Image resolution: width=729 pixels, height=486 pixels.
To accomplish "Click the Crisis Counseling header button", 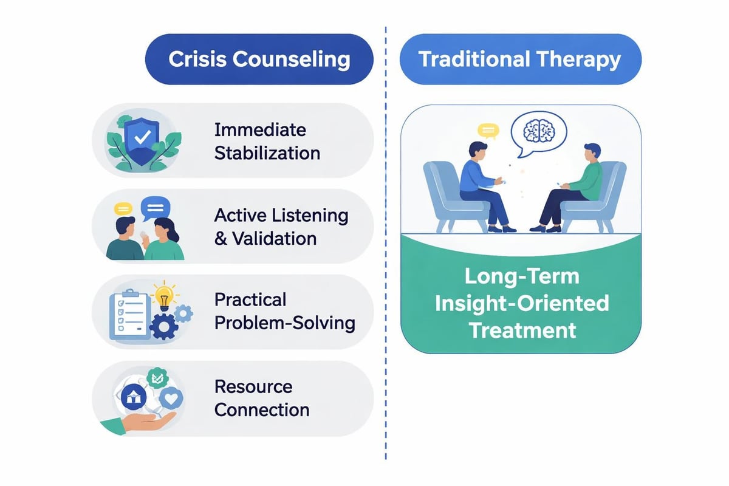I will [x=259, y=59].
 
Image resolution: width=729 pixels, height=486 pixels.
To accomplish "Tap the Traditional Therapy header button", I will [x=520, y=59].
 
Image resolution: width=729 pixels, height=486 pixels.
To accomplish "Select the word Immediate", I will [x=260, y=129].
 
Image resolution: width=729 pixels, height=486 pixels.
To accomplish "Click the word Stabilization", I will [x=267, y=152].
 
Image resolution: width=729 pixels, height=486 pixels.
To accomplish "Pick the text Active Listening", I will [x=281, y=215].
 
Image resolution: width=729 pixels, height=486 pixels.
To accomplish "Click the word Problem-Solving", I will [x=285, y=322].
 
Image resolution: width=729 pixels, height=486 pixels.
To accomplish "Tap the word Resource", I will [x=253, y=386].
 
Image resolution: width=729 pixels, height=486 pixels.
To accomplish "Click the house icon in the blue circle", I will [x=134, y=398].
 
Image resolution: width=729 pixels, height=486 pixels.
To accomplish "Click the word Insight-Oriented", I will [x=521, y=303].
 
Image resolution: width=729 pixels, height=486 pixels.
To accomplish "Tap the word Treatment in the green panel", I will [x=521, y=330].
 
